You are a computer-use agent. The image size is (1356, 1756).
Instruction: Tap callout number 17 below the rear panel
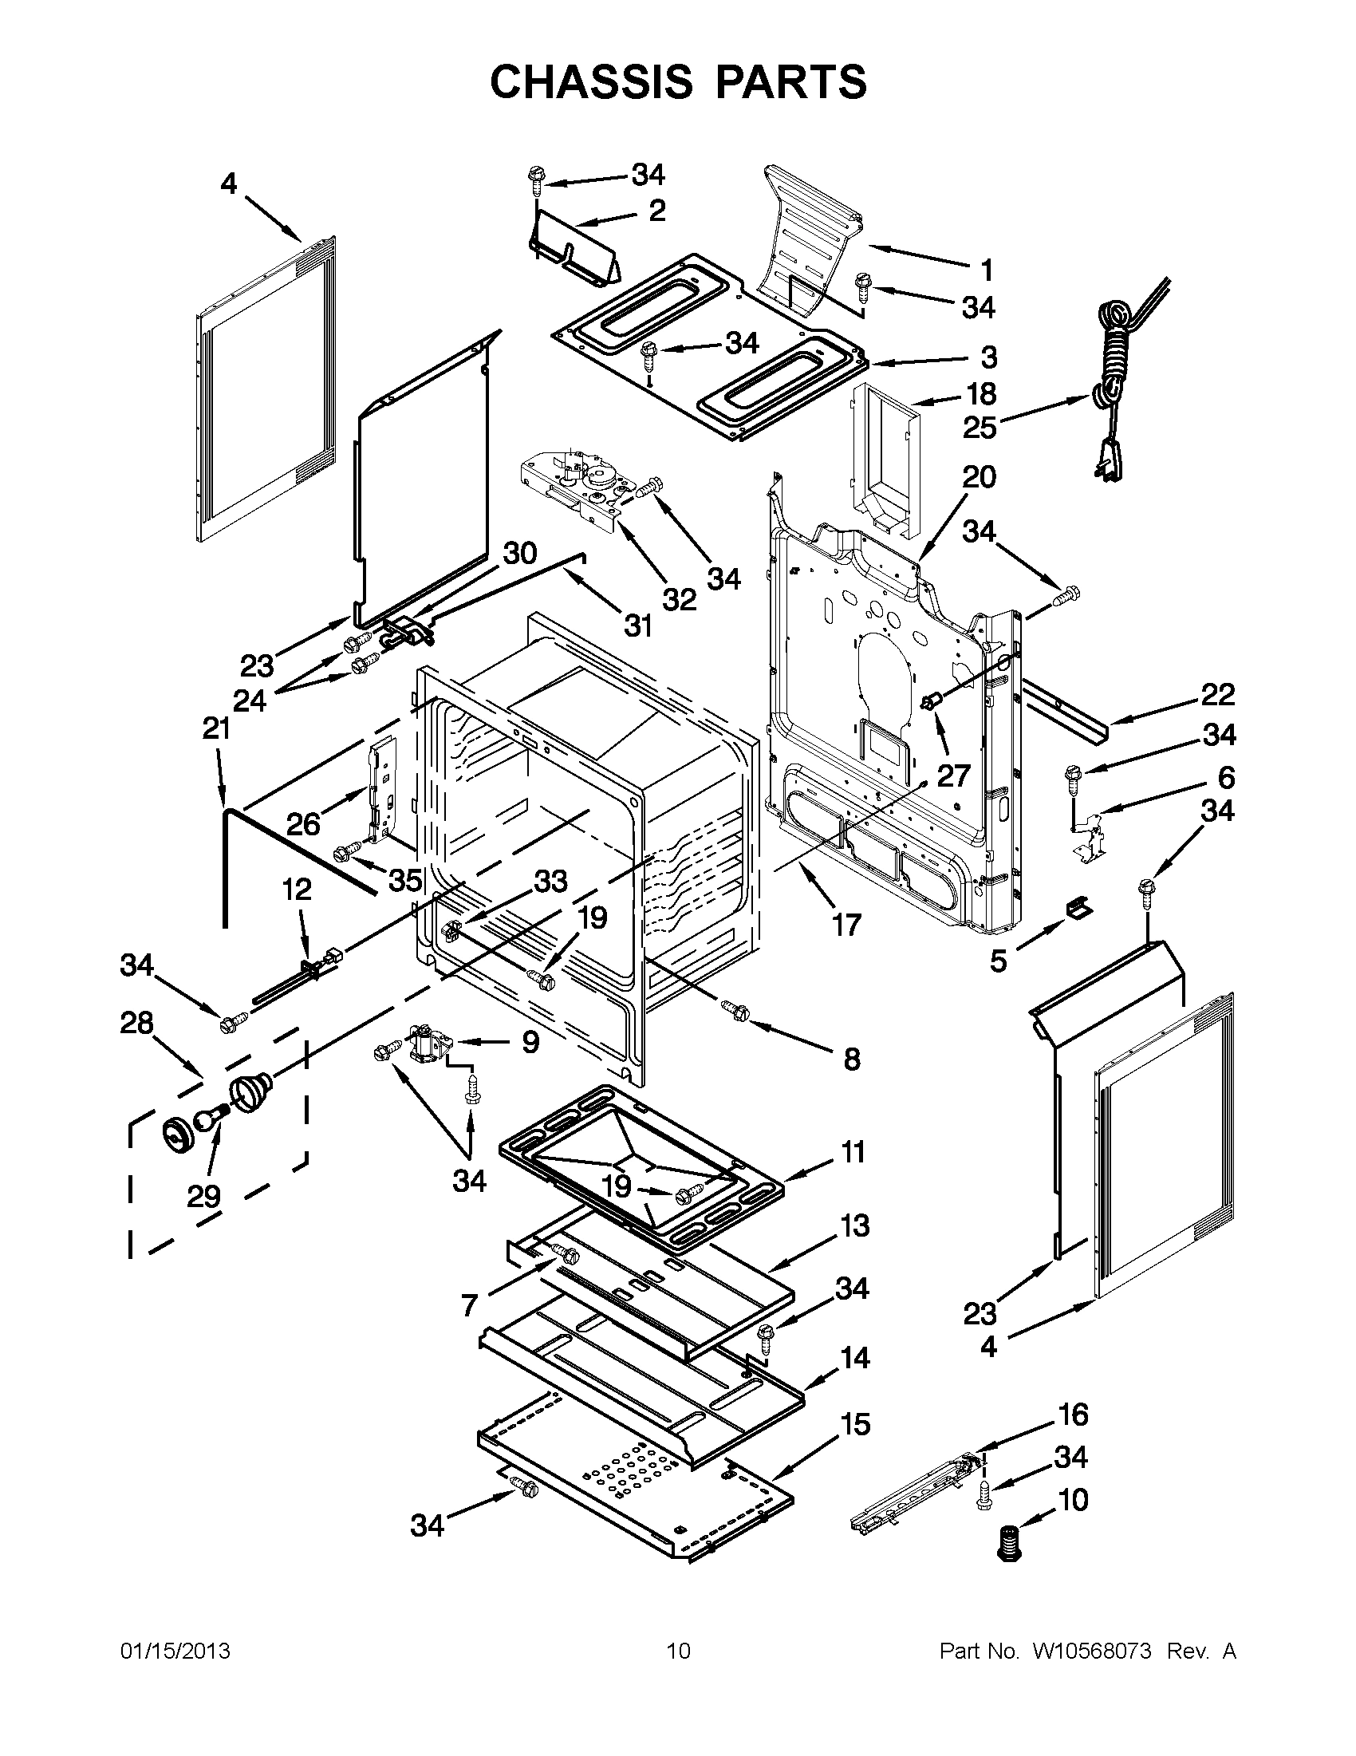point(846,924)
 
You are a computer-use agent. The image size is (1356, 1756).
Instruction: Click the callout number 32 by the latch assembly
point(680,598)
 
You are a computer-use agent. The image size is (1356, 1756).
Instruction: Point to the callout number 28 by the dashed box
point(137,1024)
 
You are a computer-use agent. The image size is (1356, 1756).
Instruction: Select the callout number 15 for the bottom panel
point(856,1425)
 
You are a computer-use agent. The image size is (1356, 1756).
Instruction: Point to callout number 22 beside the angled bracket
point(1217,695)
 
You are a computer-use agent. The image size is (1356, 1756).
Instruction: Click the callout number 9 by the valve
point(530,1043)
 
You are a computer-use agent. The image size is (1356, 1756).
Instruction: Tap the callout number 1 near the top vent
point(986,271)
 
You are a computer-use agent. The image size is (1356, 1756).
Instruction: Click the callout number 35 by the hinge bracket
point(405,881)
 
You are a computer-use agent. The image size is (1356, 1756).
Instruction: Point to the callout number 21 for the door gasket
point(216,728)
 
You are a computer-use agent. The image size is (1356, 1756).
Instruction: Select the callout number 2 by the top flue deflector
point(656,211)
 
